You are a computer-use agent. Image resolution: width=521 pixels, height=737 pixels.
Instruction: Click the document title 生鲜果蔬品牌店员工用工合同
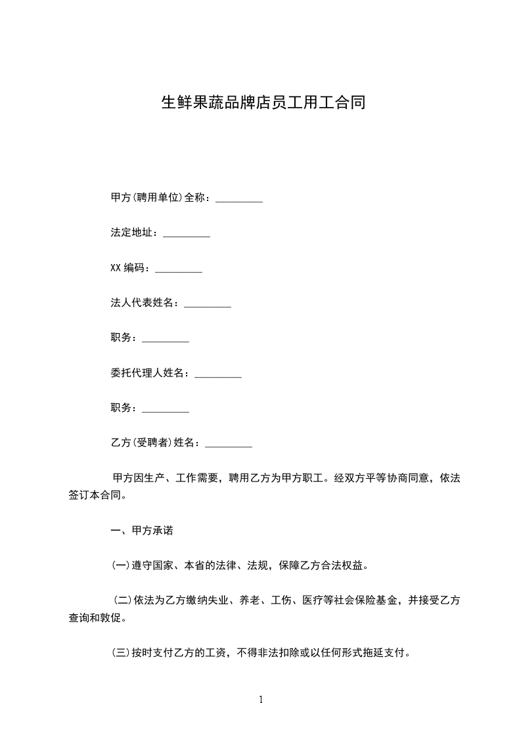[263, 102]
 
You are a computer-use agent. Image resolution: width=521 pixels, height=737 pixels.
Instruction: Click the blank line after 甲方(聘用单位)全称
[239, 199]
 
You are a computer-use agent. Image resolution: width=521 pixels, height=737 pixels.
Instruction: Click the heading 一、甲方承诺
[142, 529]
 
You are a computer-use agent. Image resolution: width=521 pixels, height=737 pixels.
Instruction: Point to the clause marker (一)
[120, 565]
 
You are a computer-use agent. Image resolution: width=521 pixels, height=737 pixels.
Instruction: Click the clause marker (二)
[123, 600]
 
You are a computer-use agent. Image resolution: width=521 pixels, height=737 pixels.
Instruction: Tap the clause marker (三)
[120, 654]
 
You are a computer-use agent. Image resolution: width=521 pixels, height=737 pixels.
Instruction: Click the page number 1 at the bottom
[261, 700]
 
